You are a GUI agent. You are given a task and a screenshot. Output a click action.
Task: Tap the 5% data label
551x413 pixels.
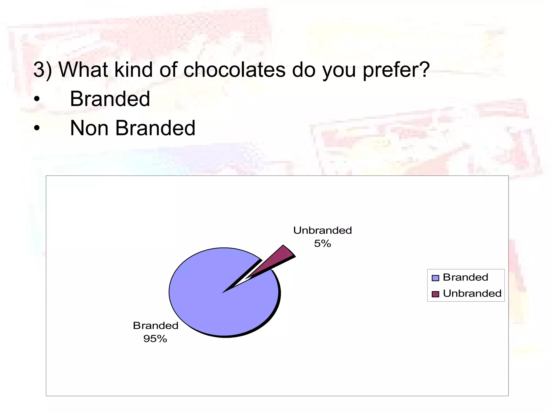(322, 244)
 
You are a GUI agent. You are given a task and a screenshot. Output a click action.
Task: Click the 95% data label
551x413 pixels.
(155, 339)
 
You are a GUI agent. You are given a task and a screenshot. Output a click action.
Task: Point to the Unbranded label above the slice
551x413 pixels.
(322, 230)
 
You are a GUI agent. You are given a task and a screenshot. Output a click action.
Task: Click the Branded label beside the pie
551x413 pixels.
(156, 326)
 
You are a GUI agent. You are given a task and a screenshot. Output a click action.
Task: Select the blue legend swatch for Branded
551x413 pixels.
(435, 278)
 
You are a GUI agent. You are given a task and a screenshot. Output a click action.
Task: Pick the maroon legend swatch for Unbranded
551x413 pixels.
(435, 294)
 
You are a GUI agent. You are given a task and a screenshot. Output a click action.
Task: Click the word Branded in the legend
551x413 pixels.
(465, 277)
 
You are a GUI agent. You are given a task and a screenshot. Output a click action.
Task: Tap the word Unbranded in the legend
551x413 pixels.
(472, 293)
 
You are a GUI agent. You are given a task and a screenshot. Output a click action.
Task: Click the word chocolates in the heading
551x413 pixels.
(234, 70)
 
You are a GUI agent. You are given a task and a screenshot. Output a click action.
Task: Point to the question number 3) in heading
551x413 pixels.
(43, 70)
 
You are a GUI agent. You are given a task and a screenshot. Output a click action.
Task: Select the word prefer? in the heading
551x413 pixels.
(396, 70)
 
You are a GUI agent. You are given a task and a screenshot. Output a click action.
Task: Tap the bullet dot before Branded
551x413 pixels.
(37, 99)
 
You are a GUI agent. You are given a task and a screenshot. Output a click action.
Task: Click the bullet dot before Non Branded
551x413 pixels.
(37, 128)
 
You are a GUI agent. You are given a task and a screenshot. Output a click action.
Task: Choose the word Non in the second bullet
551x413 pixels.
(89, 128)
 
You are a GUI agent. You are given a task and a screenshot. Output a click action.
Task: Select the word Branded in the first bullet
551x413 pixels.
(110, 99)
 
